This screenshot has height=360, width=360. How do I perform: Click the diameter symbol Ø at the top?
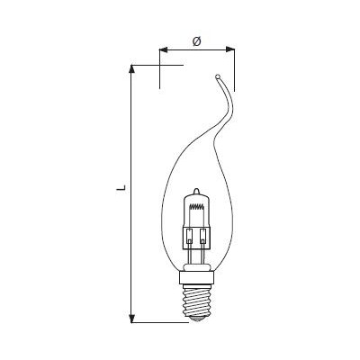(197, 41)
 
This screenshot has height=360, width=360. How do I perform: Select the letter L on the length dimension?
(121, 188)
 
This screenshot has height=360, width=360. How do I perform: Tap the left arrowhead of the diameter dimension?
(163, 49)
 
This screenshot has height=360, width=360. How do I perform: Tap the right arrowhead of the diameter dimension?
(230, 49)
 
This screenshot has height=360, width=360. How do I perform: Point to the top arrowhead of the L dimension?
(131, 68)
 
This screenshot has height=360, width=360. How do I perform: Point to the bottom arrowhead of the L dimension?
(131, 319)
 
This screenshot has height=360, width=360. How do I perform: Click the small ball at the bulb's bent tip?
(218, 76)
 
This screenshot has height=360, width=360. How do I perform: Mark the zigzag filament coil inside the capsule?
(197, 206)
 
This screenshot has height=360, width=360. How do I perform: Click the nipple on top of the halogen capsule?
(196, 191)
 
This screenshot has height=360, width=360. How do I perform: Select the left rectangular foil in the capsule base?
(190, 236)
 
